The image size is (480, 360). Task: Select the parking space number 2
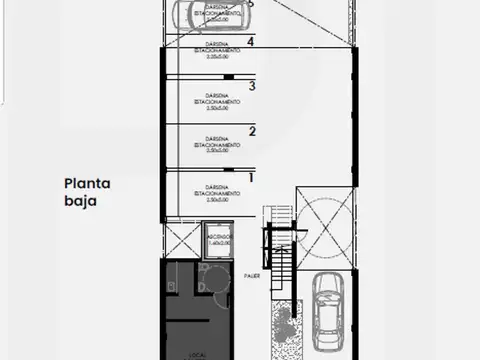tap(252, 131)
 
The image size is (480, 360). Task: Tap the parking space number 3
tap(252, 87)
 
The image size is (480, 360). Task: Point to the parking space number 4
tap(251, 42)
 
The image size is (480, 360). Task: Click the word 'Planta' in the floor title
tap(88, 183)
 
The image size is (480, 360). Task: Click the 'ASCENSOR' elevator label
tap(217, 237)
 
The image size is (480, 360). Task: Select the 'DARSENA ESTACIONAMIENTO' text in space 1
tap(217, 192)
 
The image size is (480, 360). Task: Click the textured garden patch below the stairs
tap(284, 325)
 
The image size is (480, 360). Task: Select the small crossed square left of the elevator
tap(182, 240)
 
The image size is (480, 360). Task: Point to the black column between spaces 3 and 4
tap(229, 76)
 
